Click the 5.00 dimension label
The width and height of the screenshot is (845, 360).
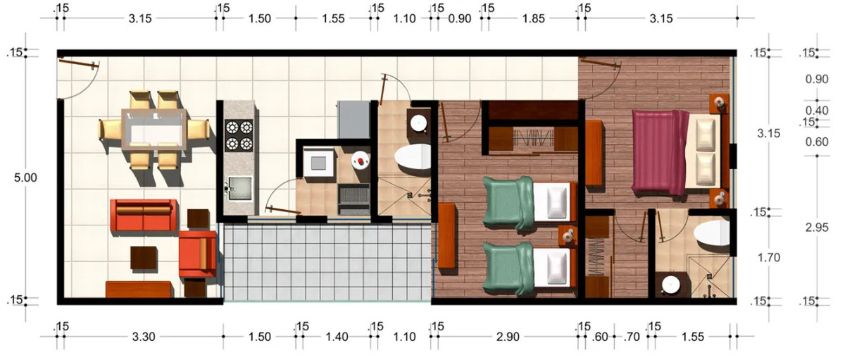[25, 178]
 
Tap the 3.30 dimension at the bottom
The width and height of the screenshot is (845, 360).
[144, 337]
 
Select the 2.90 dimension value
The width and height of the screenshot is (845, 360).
[508, 337]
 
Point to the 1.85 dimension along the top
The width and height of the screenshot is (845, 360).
[534, 18]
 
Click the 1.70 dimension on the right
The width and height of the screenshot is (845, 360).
[769, 258]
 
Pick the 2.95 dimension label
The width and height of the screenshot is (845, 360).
[817, 228]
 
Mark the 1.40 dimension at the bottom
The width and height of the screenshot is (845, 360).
[337, 337]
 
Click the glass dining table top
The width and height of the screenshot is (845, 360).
[154, 129]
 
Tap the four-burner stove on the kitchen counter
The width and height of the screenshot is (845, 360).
[239, 135]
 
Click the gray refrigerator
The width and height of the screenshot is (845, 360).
[353, 120]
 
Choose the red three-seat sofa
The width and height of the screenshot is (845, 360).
[144, 215]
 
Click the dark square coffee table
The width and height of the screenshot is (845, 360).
[144, 258]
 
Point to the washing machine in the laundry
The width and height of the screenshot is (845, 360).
[319, 162]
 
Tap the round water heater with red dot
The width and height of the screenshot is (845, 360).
[361, 161]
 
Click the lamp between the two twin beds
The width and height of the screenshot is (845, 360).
[568, 236]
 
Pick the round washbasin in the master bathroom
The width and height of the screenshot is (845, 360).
[672, 285]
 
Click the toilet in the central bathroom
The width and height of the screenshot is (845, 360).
[413, 156]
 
